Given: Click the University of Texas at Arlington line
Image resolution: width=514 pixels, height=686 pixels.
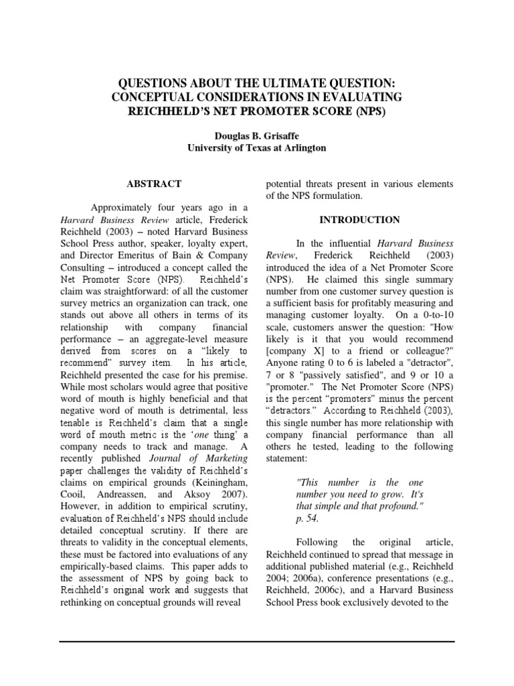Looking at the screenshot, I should tap(256, 147).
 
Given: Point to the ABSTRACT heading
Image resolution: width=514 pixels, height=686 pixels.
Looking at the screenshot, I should tap(154, 183).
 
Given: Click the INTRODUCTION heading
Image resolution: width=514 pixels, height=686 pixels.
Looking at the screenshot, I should tap(359, 219).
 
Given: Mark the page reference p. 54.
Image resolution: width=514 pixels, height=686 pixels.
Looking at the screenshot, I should tap(305, 519).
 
